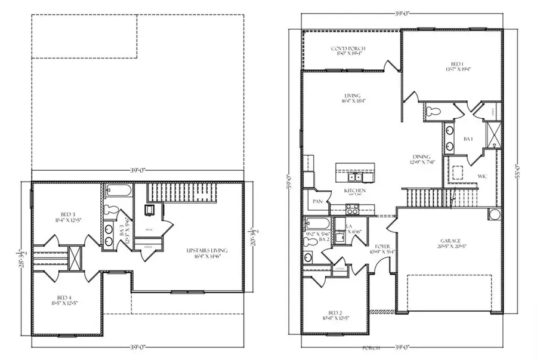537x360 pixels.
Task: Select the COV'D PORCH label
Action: click(x=348, y=48)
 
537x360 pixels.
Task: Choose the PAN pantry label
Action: click(x=317, y=202)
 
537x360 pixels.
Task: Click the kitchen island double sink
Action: click(x=356, y=176)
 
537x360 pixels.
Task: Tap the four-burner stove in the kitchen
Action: click(x=352, y=208)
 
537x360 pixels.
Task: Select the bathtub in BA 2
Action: click(x=316, y=224)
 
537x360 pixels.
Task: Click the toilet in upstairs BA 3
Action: click(x=112, y=209)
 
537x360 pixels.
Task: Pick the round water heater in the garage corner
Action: click(x=494, y=214)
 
